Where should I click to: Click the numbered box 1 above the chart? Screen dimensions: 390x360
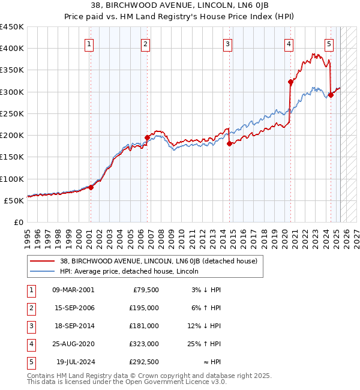pyautogui.click(x=89, y=43)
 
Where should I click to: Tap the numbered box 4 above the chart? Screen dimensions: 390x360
pyautogui.click(x=289, y=43)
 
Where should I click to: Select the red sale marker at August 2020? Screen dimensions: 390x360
pyautogui.click(x=290, y=82)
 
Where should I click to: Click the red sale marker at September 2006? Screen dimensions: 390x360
pyautogui.click(x=148, y=137)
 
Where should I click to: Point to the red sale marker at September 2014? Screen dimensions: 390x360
pyautogui.click(x=230, y=143)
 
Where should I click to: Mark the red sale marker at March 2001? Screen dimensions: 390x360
pyautogui.click(x=91, y=187)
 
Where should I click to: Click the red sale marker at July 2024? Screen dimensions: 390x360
pyautogui.click(x=331, y=95)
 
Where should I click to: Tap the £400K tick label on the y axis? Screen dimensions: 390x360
pyautogui.click(x=12, y=49)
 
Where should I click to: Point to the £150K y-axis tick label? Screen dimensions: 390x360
pyautogui.click(x=12, y=157)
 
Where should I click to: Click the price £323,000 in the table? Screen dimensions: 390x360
pyautogui.click(x=145, y=344)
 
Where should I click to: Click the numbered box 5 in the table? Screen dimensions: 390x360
pyautogui.click(x=30, y=362)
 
